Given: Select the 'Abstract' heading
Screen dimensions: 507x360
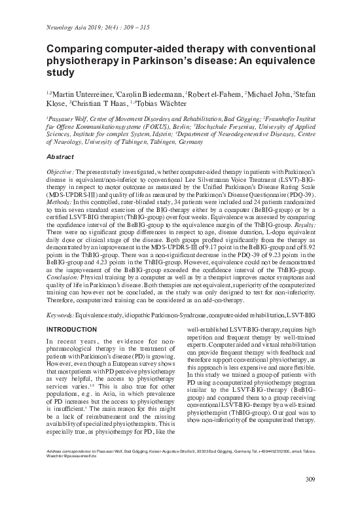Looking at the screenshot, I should (x=61, y=157).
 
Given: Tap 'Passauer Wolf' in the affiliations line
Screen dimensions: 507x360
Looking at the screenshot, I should (x=69, y=120).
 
